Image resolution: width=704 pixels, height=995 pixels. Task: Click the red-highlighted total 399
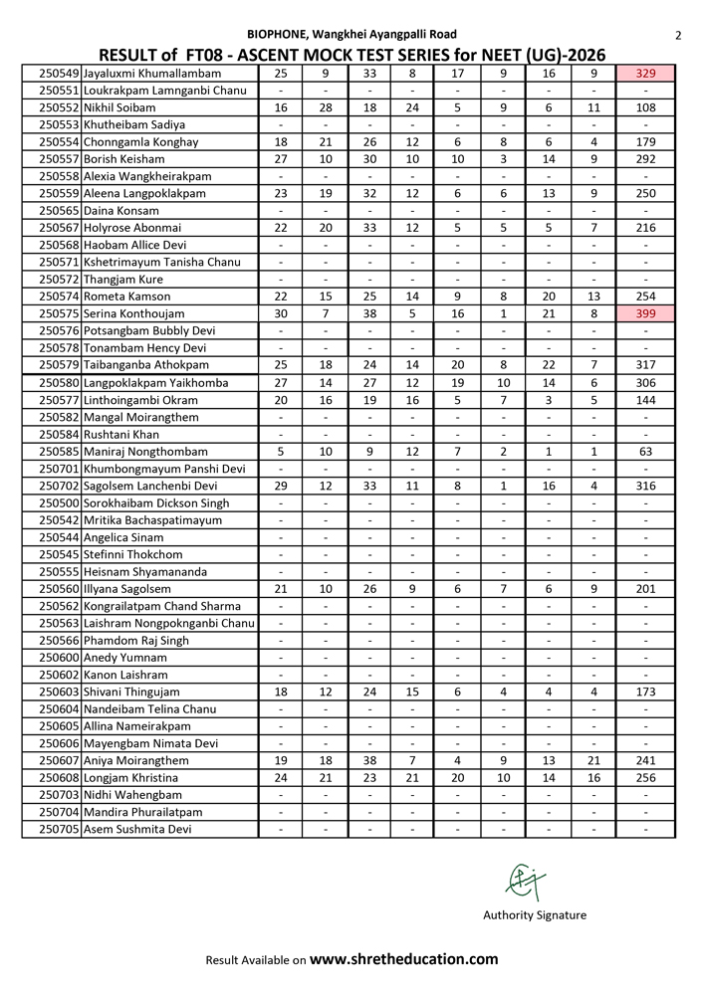(645, 313)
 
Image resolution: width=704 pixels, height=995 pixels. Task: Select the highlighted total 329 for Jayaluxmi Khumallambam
(645, 73)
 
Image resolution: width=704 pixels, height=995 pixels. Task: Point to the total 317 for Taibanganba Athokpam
(645, 365)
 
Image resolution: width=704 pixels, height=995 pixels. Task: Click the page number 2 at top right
(677, 36)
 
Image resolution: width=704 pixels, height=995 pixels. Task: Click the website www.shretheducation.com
(403, 959)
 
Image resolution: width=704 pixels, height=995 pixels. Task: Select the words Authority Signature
(535, 915)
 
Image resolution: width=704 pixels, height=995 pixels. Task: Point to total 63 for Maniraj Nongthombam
(645, 451)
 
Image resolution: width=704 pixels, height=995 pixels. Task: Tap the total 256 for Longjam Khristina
(645, 777)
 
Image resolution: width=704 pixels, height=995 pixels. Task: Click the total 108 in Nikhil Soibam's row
(645, 107)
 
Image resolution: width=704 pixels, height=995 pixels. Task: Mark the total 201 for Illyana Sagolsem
(645, 588)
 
